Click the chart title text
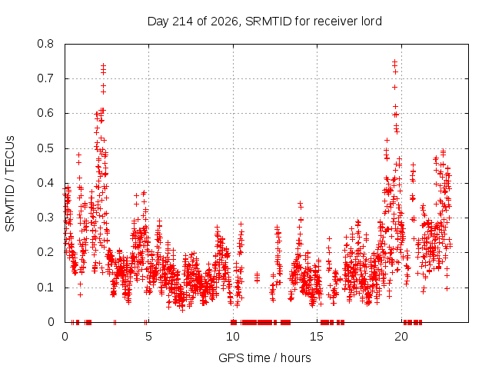click(264, 22)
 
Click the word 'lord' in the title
click(371, 22)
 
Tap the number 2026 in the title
click(224, 22)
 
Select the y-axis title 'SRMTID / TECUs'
click(10, 184)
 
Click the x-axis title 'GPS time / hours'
click(264, 357)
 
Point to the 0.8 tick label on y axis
click(45, 44)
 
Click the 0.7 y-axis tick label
click(45, 78)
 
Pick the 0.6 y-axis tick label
click(45, 113)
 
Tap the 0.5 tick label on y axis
click(45, 148)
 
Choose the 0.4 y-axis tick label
click(45, 183)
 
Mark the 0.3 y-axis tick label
click(45, 218)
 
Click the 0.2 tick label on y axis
click(45, 252)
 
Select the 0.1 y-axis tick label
click(45, 287)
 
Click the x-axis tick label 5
click(148, 337)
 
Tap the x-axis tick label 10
click(233, 337)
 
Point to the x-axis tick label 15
click(317, 337)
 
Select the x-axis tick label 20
click(401, 337)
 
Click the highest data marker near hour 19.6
click(394, 61)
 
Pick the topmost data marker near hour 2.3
click(103, 65)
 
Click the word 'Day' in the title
click(158, 22)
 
